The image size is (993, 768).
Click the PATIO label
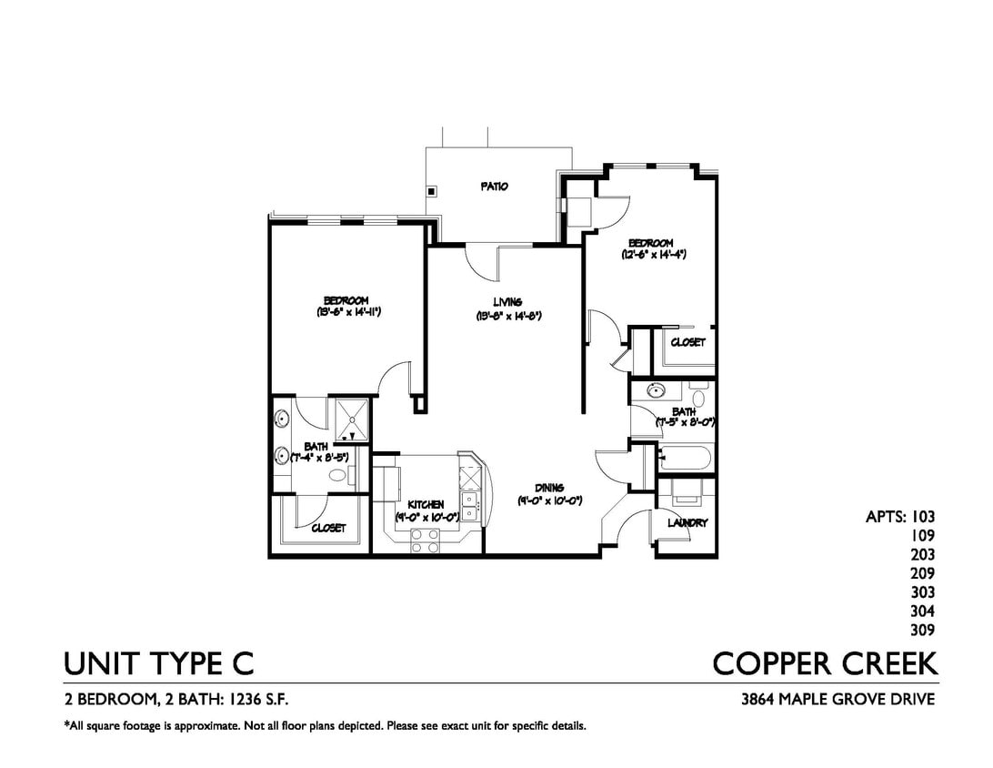coord(494,187)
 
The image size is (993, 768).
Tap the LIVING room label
coord(507,302)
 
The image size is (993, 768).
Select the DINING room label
coord(549,488)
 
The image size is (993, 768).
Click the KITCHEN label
coord(426,504)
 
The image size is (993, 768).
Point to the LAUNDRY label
coord(687,523)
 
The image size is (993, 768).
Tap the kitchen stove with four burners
coord(426,541)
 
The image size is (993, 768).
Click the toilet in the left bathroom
coord(337,475)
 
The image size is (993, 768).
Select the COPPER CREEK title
coord(825,663)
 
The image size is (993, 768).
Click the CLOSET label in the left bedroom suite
coord(328,528)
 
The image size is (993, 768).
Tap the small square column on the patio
coord(433,192)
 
